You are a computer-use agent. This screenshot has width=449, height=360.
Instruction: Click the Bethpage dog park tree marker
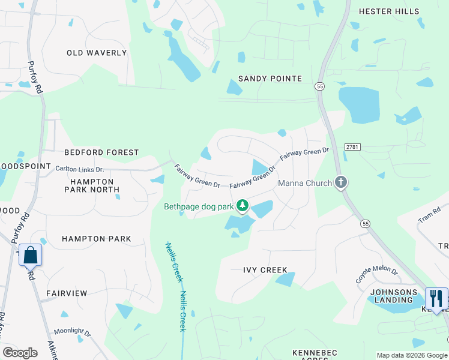pos(243,206)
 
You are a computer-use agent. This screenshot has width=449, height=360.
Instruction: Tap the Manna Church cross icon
pos(341,182)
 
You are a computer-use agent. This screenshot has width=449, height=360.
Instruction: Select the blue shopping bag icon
pos(31,256)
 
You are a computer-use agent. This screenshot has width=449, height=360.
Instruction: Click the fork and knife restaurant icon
pos(436,299)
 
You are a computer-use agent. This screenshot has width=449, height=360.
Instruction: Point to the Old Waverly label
pos(97,53)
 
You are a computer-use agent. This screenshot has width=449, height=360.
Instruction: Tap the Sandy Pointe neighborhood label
pos(270,79)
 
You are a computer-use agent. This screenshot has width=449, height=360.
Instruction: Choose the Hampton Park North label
pos(92,185)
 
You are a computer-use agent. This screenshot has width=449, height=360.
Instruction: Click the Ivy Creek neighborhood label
pos(265,270)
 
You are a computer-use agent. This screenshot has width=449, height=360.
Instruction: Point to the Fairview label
pos(67,293)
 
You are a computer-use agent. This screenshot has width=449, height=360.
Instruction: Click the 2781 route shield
pos(353,147)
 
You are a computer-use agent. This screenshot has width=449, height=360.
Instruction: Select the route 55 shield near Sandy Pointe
pos(320,86)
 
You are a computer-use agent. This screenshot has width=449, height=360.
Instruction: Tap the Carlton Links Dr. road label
pos(80,170)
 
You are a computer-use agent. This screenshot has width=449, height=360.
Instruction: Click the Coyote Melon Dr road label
pos(376,275)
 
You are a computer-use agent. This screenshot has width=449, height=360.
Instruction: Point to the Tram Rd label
pos(429,215)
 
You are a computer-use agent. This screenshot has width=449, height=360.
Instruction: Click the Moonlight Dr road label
pos(73,332)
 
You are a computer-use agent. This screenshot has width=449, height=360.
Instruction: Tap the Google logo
pos(20,353)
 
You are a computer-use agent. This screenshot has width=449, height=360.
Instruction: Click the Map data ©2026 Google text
pos(411,355)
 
